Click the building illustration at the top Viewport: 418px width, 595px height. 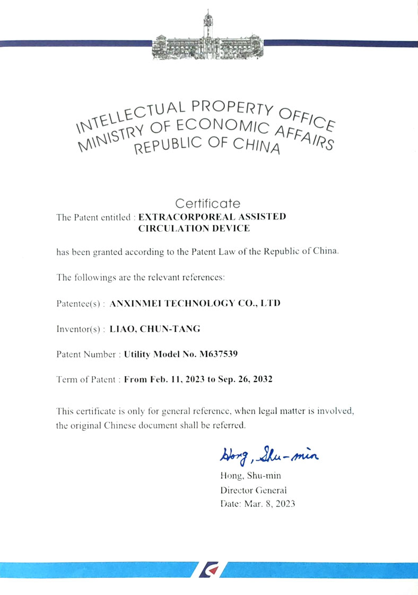point(208,40)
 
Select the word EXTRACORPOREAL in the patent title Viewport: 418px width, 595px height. point(174,217)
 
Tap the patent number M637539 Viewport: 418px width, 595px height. point(223,354)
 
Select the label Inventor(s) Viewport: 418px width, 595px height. point(80,329)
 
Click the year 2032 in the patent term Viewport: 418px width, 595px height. point(262,380)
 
